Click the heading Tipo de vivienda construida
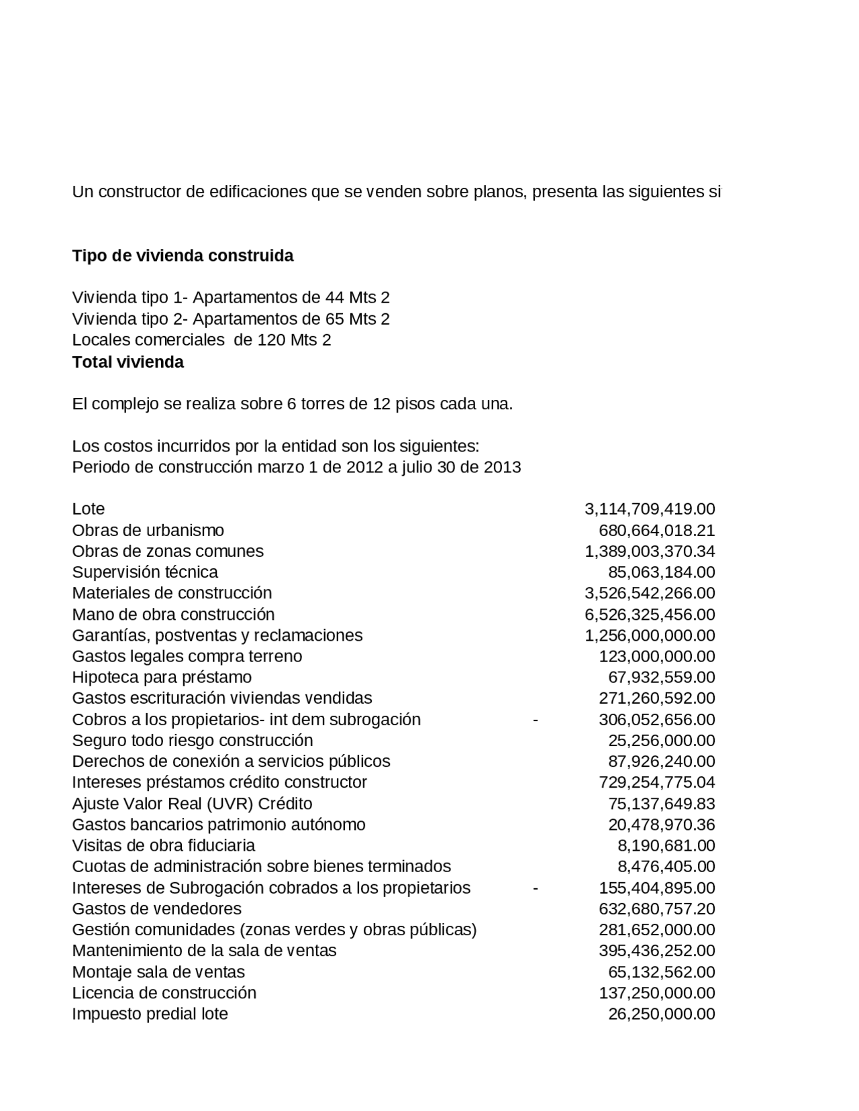click(183, 256)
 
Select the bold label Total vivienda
click(128, 362)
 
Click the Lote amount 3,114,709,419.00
click(649, 509)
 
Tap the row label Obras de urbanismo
click(148, 531)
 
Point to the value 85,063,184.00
click(661, 572)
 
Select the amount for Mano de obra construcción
click(649, 615)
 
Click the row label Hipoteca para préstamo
click(162, 677)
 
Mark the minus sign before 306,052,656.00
click(535, 719)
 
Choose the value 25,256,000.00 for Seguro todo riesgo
click(661, 741)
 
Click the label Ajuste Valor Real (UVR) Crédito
click(192, 804)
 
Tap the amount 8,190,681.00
click(666, 845)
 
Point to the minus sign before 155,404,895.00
click(535, 888)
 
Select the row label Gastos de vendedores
click(156, 909)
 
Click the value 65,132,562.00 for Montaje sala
click(661, 972)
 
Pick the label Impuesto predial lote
click(150, 1014)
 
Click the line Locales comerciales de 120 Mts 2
click(201, 340)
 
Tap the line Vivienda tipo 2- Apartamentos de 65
click(230, 319)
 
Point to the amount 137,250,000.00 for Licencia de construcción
click(656, 993)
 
